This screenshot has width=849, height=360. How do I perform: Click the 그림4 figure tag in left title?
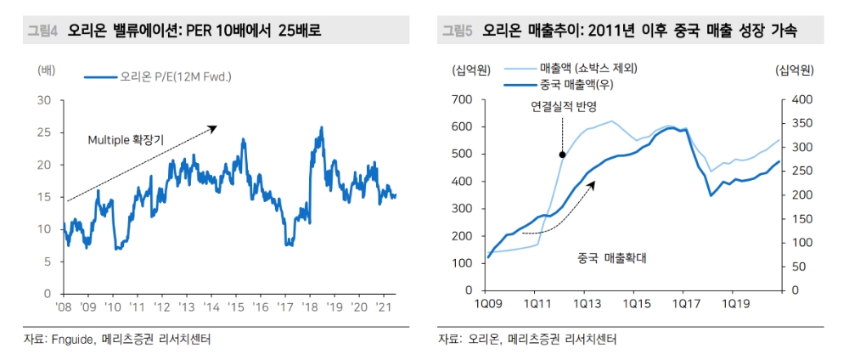tap(40, 31)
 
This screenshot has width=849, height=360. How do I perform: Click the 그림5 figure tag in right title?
tap(458, 31)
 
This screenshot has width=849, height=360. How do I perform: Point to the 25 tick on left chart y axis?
tap(45, 132)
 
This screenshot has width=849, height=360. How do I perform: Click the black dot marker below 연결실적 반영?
tap(562, 154)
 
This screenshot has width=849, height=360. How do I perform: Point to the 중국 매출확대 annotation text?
tap(606, 255)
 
